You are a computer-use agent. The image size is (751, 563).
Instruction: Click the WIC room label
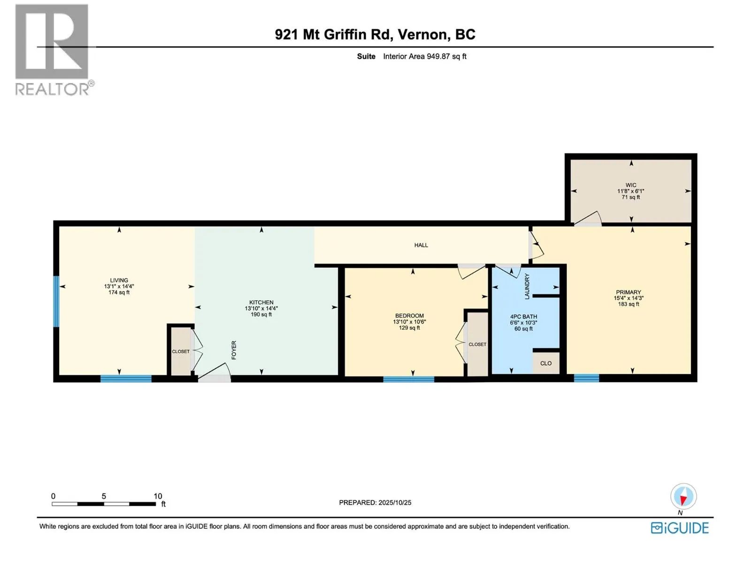631,185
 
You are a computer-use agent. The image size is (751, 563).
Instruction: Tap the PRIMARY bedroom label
628,292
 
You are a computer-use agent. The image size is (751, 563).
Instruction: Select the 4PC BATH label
523,317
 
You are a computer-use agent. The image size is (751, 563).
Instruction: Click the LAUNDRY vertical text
527,286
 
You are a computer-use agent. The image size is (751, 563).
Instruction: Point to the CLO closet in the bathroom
546,363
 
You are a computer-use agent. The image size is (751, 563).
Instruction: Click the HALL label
421,245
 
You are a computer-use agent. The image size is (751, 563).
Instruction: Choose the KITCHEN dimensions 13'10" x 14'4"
261,308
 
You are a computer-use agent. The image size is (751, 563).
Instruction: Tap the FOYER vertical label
234,350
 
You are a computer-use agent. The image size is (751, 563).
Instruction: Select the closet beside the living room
181,351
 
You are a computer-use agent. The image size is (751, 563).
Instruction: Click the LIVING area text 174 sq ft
119,292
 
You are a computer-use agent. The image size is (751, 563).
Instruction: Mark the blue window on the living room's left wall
56,301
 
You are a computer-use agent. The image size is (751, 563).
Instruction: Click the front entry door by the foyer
214,378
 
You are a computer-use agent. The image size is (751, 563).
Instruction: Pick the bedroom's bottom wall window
408,379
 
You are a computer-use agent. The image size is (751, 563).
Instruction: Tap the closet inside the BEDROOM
477,344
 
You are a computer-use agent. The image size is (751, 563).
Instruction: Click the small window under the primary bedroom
586,378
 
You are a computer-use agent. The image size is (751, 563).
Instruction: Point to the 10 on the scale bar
158,496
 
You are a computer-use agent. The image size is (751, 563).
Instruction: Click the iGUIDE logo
680,528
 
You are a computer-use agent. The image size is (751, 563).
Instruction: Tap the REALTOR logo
52,49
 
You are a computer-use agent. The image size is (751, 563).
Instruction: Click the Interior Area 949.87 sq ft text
424,56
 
